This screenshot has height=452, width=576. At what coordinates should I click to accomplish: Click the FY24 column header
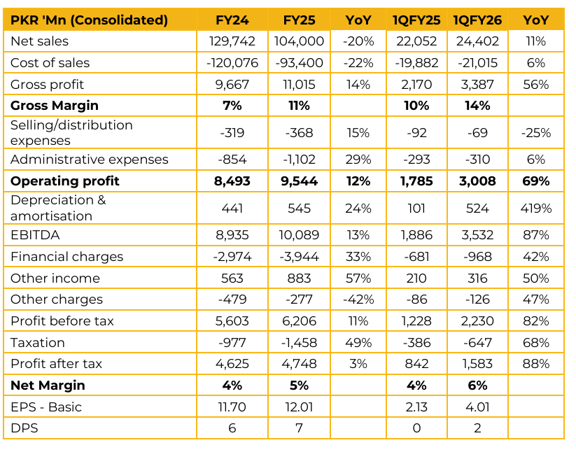click(232, 20)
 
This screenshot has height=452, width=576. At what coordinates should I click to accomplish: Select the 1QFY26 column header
click(477, 20)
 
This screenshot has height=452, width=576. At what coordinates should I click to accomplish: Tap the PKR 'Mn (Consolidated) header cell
click(89, 20)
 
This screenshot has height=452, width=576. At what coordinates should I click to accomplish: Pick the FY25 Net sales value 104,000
click(299, 41)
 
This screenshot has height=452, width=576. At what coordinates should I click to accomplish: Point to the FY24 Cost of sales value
click(232, 63)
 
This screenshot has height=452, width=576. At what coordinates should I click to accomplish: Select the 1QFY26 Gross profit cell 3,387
click(477, 85)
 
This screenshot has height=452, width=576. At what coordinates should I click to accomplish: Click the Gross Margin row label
click(55, 106)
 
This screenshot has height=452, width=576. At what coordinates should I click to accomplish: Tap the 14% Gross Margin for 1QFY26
click(477, 106)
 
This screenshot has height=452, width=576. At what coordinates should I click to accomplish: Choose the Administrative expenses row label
click(90, 160)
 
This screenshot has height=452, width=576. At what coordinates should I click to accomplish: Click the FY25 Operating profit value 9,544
click(299, 181)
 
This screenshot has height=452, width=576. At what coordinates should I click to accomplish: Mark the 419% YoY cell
click(536, 208)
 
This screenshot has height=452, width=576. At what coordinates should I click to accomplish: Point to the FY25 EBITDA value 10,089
click(299, 235)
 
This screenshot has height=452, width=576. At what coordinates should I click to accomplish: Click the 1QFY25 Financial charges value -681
click(416, 257)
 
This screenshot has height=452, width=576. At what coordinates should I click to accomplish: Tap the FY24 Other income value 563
click(232, 278)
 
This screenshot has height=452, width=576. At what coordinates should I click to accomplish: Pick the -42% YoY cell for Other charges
click(358, 299)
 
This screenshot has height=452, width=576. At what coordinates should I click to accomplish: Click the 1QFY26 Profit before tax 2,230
click(477, 321)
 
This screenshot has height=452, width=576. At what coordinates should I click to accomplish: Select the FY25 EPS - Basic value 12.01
click(299, 407)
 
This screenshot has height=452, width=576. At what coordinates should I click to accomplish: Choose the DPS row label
click(24, 428)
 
